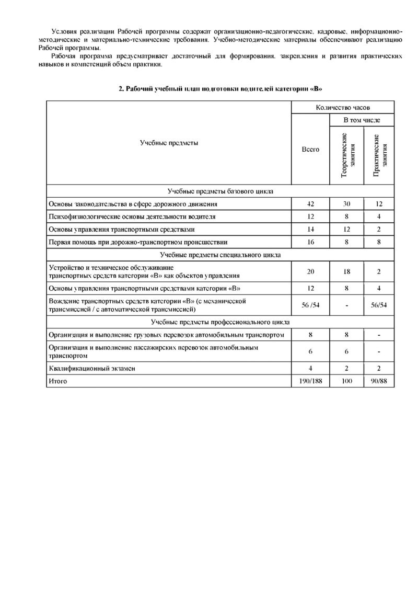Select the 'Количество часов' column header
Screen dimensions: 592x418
[343, 107]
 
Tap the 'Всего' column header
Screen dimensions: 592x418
[311, 150]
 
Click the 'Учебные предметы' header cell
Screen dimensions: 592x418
[169, 143]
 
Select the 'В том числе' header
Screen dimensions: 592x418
[361, 120]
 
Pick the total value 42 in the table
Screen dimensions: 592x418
[311, 204]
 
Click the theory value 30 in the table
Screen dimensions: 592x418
[346, 204]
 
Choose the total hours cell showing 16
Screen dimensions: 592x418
[311, 242]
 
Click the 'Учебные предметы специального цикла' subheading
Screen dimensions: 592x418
[220, 255]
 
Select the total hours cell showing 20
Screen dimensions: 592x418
[311, 271]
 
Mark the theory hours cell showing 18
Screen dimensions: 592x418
[346, 271]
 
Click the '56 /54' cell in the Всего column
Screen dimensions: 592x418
[311, 305]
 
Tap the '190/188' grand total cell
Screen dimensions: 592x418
[311, 381]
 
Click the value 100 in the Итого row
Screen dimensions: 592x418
[346, 381]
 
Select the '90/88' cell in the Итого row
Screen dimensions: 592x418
[379, 381]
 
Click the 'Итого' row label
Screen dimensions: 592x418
[57, 381]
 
